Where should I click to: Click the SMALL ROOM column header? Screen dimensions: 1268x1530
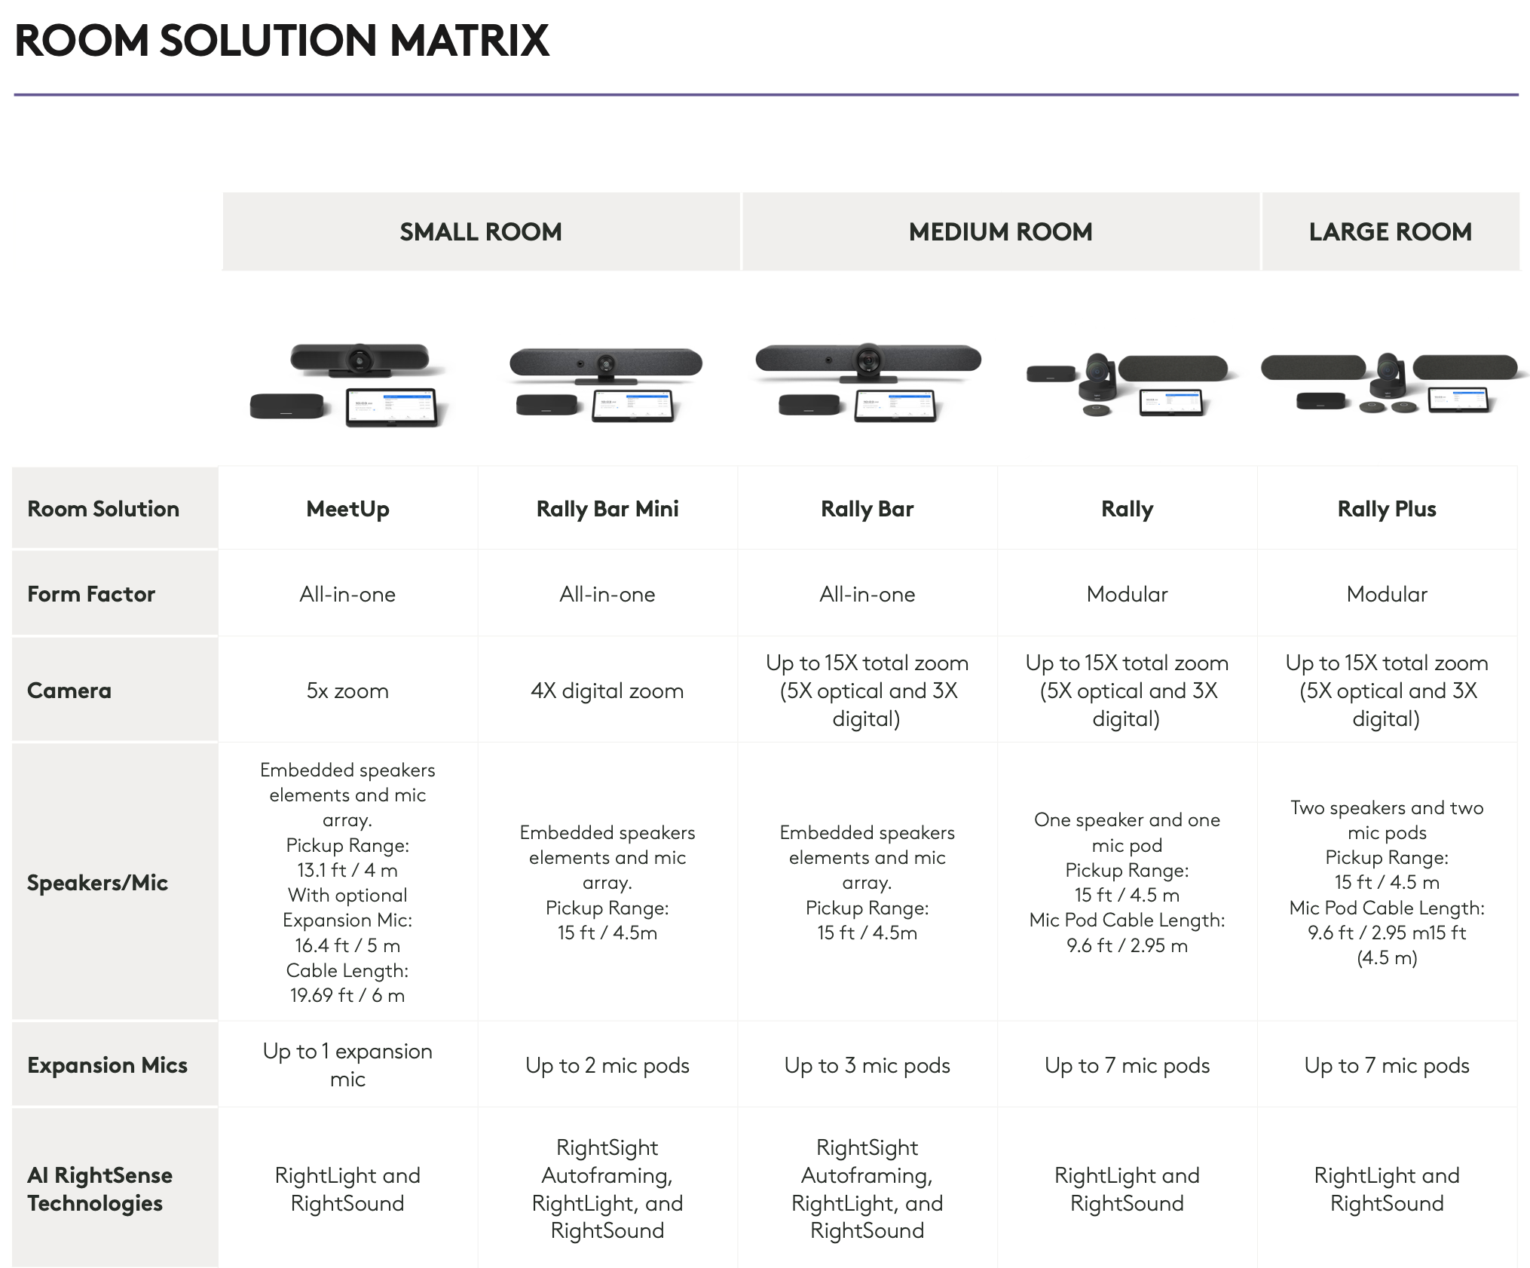pos(481,231)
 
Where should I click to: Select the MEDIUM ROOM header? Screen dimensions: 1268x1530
pos(1000,231)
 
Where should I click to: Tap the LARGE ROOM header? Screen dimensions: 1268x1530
pos(1390,231)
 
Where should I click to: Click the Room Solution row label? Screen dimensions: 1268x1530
pos(103,509)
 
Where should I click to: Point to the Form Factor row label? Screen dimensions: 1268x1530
pos(91,594)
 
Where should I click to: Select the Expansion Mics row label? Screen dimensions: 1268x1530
pos(107,1065)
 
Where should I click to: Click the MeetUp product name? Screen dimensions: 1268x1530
pos(347,509)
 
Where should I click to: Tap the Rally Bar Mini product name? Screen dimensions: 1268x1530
pos(607,509)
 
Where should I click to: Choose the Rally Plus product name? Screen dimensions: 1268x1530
pos(1387,509)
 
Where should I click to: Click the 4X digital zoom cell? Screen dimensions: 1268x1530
pos(607,691)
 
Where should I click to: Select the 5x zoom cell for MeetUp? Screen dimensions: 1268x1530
pos(347,691)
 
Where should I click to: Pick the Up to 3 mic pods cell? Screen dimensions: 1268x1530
pos(867,1065)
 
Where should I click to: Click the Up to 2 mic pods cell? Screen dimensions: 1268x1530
pos(607,1065)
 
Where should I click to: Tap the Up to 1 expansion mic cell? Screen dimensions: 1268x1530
pos(347,1064)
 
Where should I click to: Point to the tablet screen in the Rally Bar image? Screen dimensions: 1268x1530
pos(895,406)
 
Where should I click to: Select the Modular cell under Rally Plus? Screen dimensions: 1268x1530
pos(1387,594)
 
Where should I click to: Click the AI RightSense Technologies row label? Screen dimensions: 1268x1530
pos(99,1189)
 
